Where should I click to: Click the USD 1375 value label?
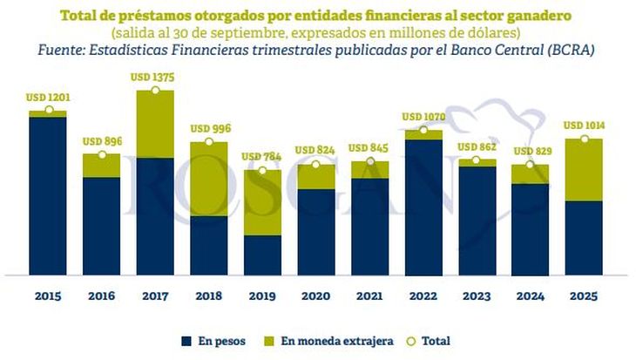tap(155, 78)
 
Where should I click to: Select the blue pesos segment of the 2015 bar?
tap(48, 196)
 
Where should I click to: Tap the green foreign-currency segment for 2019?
tap(262, 202)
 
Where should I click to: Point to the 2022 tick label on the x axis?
tap(423, 295)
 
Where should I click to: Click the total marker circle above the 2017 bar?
tap(155, 90)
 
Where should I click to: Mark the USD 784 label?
tap(262, 158)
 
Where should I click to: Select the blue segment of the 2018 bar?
tap(209, 246)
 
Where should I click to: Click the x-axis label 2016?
tap(102, 295)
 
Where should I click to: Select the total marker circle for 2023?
tap(477, 160)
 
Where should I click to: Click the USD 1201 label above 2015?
tap(48, 98)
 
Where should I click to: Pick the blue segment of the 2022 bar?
tap(423, 207)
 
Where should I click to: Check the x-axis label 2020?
tap(316, 295)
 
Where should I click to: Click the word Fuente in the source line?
tap(63, 51)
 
